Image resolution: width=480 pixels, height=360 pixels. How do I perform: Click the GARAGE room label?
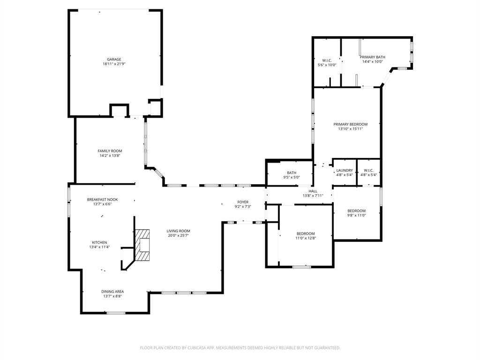pyautogui.click(x=114, y=60)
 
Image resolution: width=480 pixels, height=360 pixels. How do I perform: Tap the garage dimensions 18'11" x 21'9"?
pyautogui.click(x=114, y=64)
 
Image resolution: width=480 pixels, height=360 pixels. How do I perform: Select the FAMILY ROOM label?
pyautogui.click(x=110, y=151)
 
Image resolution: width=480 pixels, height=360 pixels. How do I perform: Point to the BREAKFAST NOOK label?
pyautogui.click(x=102, y=199)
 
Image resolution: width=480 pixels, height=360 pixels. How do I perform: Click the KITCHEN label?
pyautogui.click(x=99, y=242)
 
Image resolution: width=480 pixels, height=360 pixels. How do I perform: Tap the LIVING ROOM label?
pyautogui.click(x=179, y=231)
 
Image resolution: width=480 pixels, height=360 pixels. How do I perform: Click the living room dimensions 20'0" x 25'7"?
pyautogui.click(x=179, y=236)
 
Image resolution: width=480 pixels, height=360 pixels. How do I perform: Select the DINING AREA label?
pyautogui.click(x=112, y=292)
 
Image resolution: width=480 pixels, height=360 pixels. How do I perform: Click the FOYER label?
pyautogui.click(x=243, y=202)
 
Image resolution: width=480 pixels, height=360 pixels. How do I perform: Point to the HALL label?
pyautogui.click(x=313, y=191)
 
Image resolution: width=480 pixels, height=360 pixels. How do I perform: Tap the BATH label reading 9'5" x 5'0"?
pyautogui.click(x=292, y=172)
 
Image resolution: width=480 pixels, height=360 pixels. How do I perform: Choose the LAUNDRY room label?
pyautogui.click(x=345, y=170)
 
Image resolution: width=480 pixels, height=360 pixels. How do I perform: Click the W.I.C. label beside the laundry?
pyautogui.click(x=368, y=170)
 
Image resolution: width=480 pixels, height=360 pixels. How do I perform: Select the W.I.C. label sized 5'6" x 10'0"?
pyautogui.click(x=327, y=60)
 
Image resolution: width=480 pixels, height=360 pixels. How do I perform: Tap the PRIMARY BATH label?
pyautogui.click(x=373, y=57)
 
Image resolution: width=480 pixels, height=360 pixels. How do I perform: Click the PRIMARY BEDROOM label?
pyautogui.click(x=350, y=124)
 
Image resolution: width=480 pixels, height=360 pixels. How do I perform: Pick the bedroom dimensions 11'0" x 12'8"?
pyautogui.click(x=306, y=238)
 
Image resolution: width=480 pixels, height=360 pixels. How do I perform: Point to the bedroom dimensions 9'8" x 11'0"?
pyautogui.click(x=356, y=216)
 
